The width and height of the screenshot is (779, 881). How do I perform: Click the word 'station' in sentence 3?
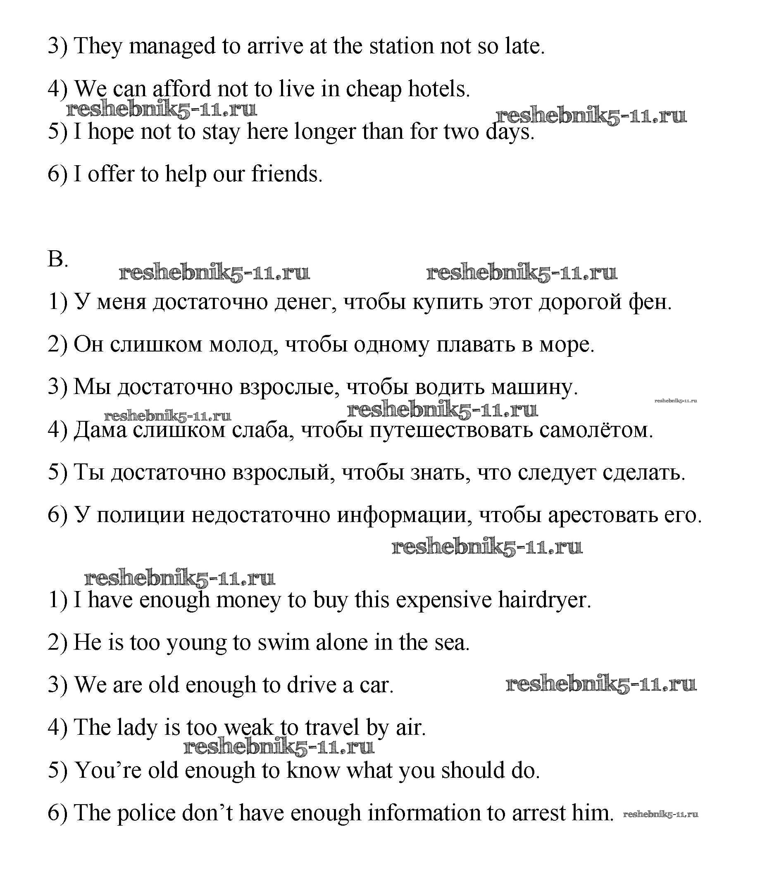(401, 46)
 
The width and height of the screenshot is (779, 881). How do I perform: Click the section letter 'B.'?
(58, 259)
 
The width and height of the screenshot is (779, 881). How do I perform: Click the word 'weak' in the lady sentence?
(249, 727)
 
